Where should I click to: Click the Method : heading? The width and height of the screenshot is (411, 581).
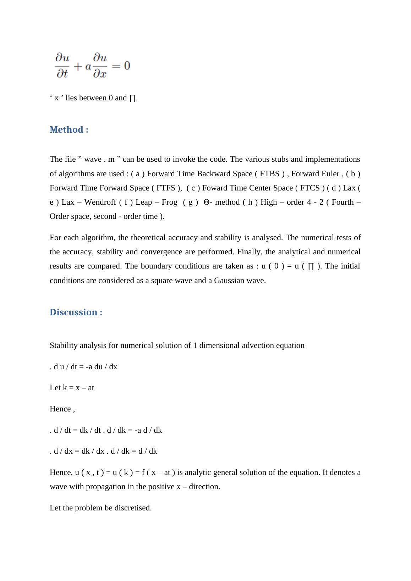pyautogui.click(x=69, y=130)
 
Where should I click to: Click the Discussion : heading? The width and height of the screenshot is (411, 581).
pyautogui.click(x=76, y=312)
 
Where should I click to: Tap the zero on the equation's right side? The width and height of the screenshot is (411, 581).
pyautogui.click(x=127, y=66)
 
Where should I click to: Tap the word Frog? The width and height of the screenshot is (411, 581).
pyautogui.click(x=169, y=202)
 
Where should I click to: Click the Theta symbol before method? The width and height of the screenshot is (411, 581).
pyautogui.click(x=207, y=202)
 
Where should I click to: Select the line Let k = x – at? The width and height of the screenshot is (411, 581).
pyautogui.click(x=72, y=388)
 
